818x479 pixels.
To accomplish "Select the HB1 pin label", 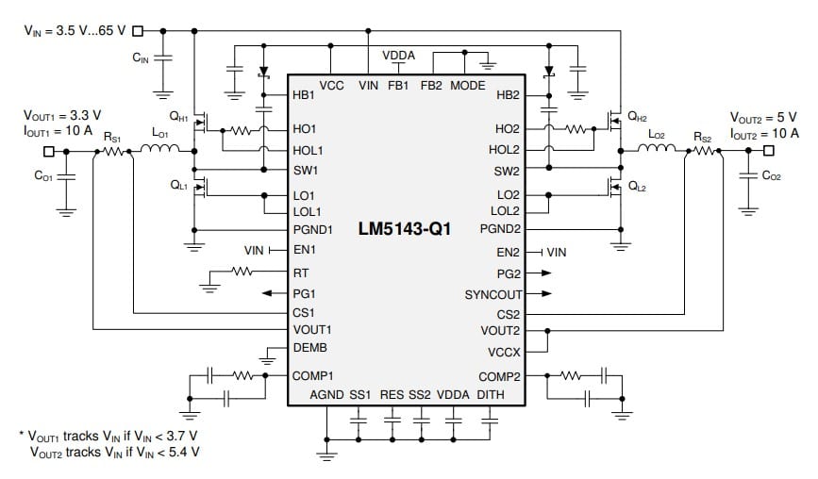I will point(304,96).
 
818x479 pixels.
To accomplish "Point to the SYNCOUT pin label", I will point(492,294).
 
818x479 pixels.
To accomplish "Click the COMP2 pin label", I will point(499,376).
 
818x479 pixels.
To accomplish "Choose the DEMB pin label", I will point(309,347).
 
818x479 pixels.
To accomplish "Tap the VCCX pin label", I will point(504,352).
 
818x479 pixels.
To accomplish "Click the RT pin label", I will point(300,272).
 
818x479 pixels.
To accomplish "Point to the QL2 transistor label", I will point(638,187).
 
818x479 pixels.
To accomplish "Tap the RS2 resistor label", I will point(703,137).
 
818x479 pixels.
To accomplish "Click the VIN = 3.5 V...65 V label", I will point(74,30).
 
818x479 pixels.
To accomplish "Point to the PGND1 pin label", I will point(313,229).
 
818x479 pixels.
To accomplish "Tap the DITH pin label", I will point(492,394).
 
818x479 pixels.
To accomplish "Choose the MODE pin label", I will point(467,86).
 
